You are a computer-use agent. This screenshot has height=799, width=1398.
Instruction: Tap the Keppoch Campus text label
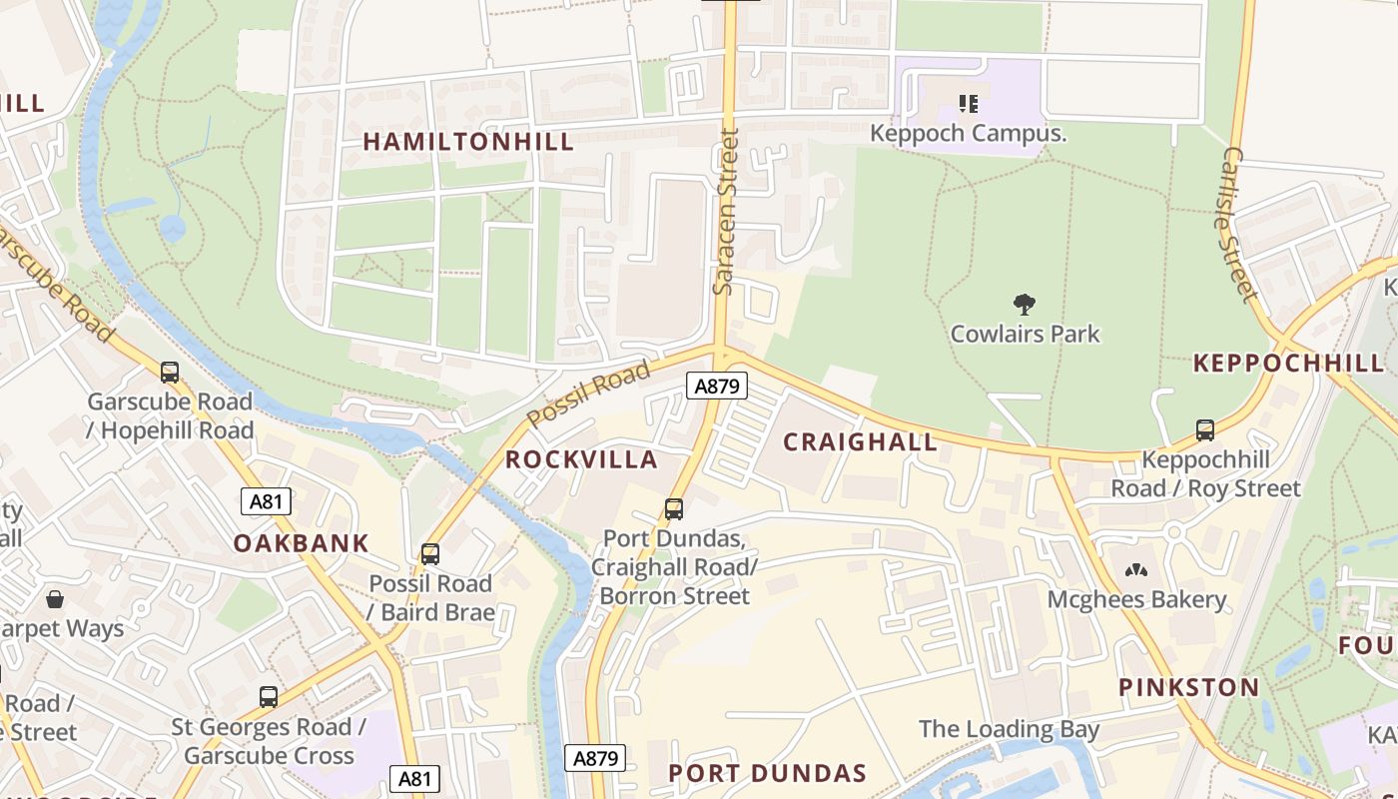(x=969, y=133)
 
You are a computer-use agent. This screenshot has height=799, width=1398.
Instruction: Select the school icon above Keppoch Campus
(x=967, y=103)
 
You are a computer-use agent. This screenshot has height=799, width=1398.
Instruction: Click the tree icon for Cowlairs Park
(x=1024, y=305)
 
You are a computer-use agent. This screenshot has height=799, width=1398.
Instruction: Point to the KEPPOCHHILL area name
(x=1289, y=364)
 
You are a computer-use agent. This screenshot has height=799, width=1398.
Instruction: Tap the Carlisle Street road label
(x=1238, y=224)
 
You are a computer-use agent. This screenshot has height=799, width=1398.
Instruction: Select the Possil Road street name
(x=588, y=394)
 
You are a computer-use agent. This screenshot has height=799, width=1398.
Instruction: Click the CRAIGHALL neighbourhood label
(x=860, y=441)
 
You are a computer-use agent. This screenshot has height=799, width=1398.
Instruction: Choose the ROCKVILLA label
(x=581, y=459)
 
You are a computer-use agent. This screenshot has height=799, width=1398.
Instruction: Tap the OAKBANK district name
(x=302, y=543)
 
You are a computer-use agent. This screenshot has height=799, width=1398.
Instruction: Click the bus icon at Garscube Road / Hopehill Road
(x=170, y=373)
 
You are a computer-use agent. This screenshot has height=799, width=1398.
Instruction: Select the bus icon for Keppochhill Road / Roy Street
(x=1205, y=430)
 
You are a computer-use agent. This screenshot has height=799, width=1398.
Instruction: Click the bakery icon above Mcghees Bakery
(x=1136, y=571)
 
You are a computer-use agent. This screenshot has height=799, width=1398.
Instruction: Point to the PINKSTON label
(x=1188, y=687)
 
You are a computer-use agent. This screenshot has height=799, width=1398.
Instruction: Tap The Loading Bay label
(x=1009, y=729)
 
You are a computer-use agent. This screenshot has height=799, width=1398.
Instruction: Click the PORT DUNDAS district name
(x=767, y=773)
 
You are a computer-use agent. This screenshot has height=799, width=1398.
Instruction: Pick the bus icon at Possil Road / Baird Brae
(x=430, y=553)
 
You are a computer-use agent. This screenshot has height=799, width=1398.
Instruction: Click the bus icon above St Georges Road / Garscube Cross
(x=268, y=697)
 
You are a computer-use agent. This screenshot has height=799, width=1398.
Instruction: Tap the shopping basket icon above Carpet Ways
(x=55, y=599)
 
